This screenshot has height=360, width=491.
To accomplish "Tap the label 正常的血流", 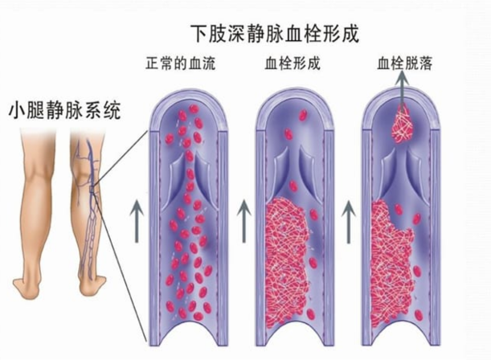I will coord(181,63).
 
